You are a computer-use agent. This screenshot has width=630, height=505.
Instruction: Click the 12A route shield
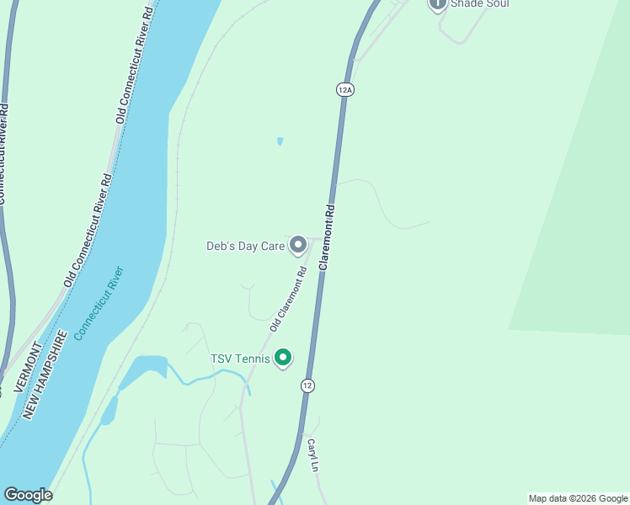[x=344, y=88]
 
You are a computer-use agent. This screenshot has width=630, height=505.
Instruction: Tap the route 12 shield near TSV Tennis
[x=307, y=385]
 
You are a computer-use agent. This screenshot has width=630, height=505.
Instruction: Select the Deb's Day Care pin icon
[x=297, y=245]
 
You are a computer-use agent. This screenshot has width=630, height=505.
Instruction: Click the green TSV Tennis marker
[x=283, y=359]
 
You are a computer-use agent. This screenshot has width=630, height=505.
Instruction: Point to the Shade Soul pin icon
[x=437, y=4]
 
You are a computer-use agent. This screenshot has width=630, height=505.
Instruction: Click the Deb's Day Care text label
[x=246, y=247]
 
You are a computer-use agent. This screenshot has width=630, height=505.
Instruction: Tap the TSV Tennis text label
[x=240, y=359]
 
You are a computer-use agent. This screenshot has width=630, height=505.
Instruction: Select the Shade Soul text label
[x=480, y=4]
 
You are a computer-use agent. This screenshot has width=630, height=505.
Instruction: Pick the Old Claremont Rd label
[x=288, y=299]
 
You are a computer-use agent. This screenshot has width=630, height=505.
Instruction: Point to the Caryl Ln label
[x=313, y=455]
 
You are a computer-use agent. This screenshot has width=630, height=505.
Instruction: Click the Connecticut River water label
[x=99, y=303]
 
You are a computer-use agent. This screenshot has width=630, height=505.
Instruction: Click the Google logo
[x=28, y=495]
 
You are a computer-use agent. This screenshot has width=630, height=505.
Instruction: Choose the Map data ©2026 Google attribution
[x=578, y=498]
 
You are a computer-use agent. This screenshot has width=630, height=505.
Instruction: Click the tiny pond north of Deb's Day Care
[x=280, y=141]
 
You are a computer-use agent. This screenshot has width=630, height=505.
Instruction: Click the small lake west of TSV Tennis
[x=144, y=367]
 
